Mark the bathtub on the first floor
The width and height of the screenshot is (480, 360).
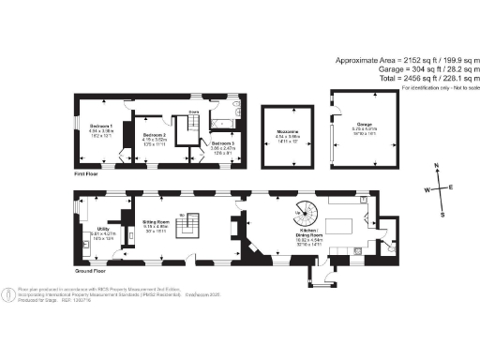pyautogui.click(x=227, y=123)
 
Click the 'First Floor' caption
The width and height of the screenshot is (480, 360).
pyautogui.click(x=86, y=173)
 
